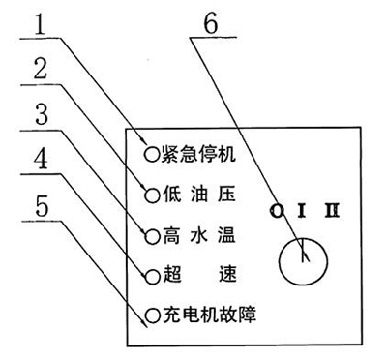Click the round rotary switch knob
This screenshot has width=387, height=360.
[x=303, y=258]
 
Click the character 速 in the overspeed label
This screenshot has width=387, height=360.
[x=227, y=275]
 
